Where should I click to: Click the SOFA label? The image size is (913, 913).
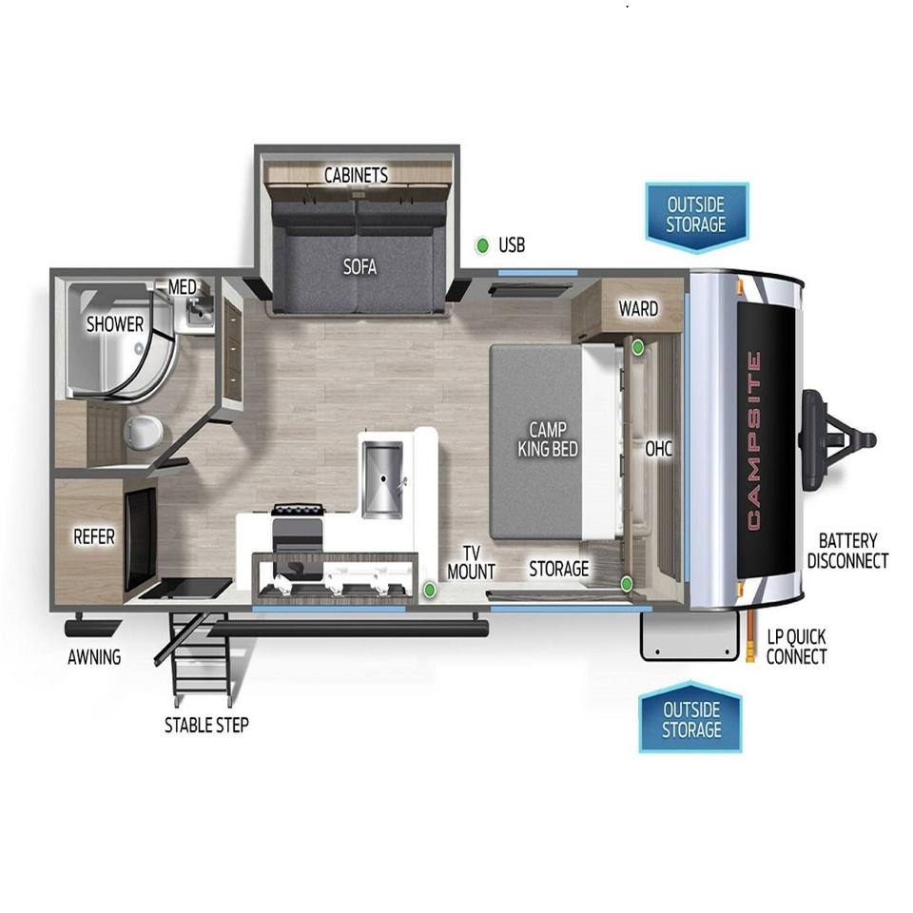(x=359, y=266)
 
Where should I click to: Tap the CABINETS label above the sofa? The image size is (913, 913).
(x=356, y=175)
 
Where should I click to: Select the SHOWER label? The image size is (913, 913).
(x=115, y=323)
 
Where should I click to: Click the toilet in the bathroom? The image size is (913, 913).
(x=143, y=432)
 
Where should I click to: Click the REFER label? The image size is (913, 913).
(x=94, y=536)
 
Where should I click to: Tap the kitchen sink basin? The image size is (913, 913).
(x=382, y=479)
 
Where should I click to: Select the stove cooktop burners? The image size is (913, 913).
(x=297, y=511)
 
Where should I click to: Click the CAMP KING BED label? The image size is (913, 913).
(x=548, y=439)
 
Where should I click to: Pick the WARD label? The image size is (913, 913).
(x=638, y=308)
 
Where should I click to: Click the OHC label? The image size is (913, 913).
(x=658, y=448)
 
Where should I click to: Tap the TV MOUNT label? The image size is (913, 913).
(x=471, y=562)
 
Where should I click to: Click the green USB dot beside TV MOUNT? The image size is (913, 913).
(x=430, y=590)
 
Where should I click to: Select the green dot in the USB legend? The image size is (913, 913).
(x=482, y=245)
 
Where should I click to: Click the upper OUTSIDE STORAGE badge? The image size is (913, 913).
(x=696, y=218)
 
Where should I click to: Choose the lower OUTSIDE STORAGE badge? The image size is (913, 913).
(x=690, y=717)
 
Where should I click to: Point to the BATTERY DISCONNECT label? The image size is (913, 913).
(x=847, y=551)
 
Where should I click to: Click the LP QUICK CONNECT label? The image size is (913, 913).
(x=797, y=647)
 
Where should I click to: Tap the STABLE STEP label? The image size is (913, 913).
(x=206, y=725)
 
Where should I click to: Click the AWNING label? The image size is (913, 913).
(x=94, y=657)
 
